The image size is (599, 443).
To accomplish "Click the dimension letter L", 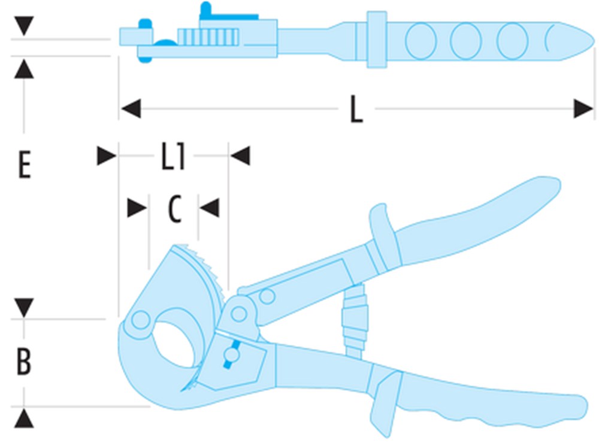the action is (x=356, y=109).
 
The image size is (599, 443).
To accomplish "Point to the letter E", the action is (x=25, y=165).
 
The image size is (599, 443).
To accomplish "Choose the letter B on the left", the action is (x=24, y=361).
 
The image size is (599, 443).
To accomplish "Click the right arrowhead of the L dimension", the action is (x=583, y=109).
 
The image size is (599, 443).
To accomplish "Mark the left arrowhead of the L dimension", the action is (x=131, y=109).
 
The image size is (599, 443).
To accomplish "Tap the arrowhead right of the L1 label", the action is (x=240, y=156).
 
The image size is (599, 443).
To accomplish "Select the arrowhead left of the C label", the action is (x=137, y=208).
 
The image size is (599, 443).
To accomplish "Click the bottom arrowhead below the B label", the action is (x=24, y=418).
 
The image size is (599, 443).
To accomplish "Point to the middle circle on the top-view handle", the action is (x=465, y=41).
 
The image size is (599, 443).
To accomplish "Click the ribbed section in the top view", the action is (x=208, y=38).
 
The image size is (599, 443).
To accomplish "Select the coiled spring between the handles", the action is (x=355, y=320).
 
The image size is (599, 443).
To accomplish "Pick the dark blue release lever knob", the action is (x=231, y=355).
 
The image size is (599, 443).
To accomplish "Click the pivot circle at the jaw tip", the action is (x=140, y=320).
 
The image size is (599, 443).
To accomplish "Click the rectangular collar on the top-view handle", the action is (x=377, y=40).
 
